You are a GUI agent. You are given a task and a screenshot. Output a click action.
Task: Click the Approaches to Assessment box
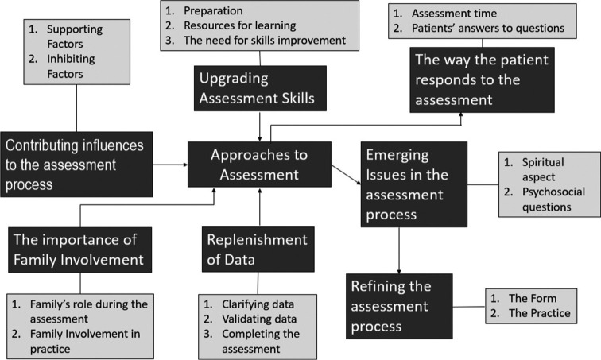point(258,164)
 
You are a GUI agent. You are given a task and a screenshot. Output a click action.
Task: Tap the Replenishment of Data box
point(258,249)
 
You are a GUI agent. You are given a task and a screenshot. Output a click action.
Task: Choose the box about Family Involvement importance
point(80,249)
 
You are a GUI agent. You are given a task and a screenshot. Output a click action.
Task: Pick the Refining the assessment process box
point(399,306)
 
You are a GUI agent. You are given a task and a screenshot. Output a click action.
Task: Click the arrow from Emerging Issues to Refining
point(398,250)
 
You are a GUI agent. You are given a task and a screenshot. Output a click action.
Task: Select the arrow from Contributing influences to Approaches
point(167,165)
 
